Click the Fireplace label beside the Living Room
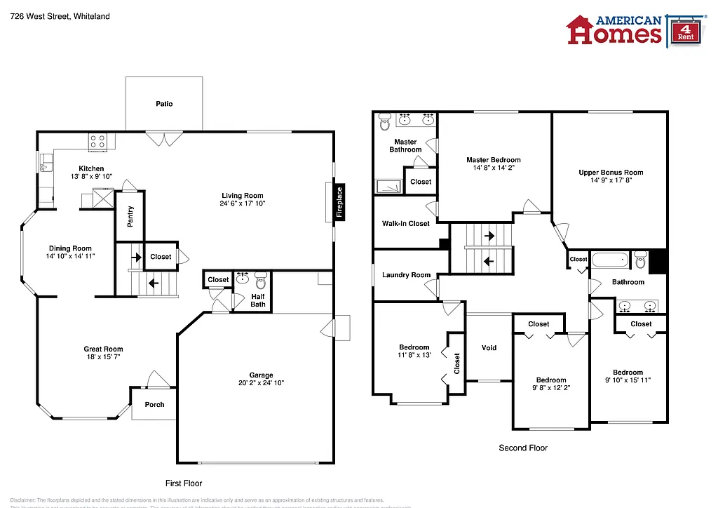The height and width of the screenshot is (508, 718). [x=339, y=203]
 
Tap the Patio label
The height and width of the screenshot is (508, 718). [x=164, y=104]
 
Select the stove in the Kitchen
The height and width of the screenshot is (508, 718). [x=97, y=142]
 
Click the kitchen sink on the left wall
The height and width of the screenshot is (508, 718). [x=46, y=166]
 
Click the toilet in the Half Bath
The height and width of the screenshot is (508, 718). [x=261, y=281]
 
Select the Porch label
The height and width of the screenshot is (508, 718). [x=154, y=404]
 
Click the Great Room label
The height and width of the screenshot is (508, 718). [x=104, y=349]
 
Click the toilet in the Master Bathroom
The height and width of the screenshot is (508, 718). [x=384, y=122]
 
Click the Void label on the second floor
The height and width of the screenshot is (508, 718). [x=489, y=347]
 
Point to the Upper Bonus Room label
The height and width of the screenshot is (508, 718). [x=611, y=173]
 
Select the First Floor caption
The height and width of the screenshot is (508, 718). [x=184, y=483]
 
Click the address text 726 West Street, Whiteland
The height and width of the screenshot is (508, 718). [x=60, y=16]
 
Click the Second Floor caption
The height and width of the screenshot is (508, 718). [x=523, y=448]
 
